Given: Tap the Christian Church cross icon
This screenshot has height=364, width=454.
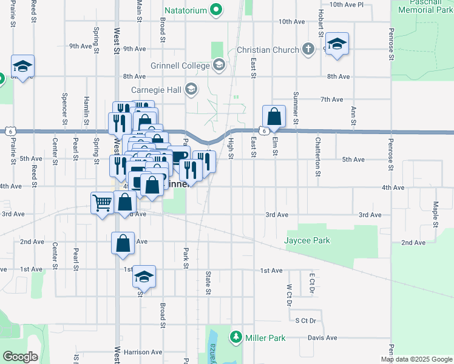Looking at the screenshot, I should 308,50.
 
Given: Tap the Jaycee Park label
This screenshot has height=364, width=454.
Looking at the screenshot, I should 308,240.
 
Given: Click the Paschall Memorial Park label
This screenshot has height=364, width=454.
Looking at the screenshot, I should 424,7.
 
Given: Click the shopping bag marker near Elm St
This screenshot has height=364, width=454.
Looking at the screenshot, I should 274,115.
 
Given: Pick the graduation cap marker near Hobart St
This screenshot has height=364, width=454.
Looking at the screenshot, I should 337,44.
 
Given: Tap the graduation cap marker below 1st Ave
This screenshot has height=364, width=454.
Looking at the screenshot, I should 144,277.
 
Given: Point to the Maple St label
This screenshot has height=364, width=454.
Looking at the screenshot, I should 436,214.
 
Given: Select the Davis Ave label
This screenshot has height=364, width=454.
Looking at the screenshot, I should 322,337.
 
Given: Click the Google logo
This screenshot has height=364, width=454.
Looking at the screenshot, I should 20,357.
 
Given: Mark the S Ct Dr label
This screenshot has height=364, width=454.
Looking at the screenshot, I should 305,320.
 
